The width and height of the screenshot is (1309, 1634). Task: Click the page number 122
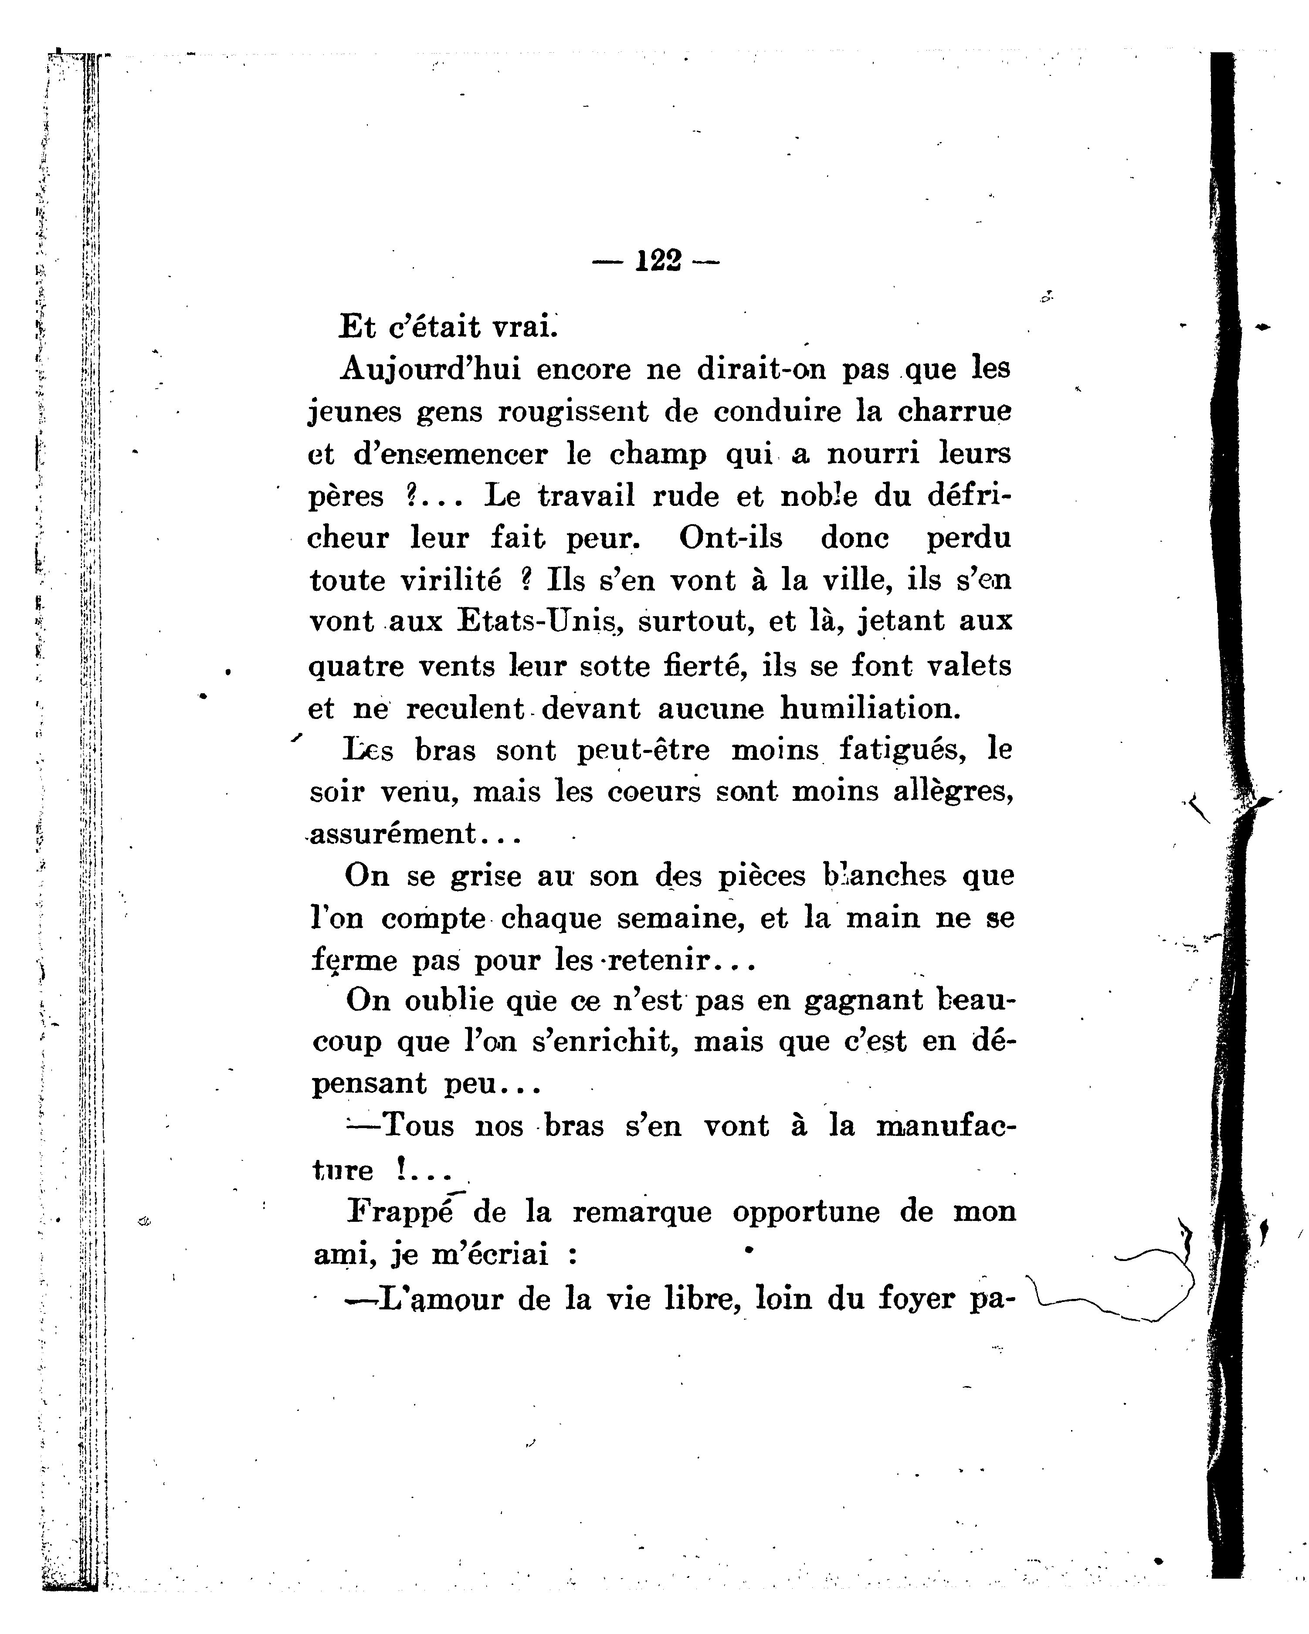click(x=656, y=261)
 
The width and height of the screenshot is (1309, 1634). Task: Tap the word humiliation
click(x=870, y=709)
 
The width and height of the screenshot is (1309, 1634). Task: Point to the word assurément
click(x=393, y=834)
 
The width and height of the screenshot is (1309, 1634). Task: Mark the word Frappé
click(x=400, y=1211)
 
